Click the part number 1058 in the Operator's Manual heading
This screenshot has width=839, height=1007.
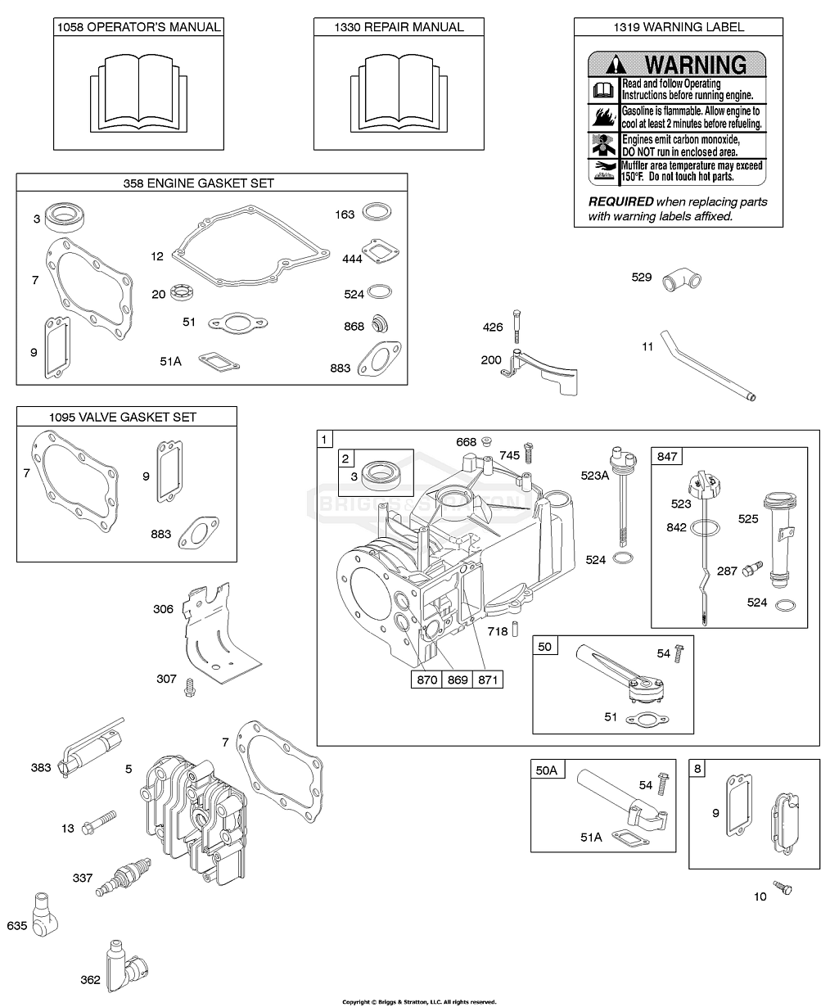70,27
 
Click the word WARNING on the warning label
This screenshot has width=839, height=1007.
695,64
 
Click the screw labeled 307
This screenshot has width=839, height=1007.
192,686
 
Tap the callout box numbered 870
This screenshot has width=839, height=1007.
426,680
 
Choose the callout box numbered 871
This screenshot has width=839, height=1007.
489,680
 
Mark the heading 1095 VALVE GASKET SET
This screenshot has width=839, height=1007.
127,417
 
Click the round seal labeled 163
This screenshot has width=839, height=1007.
376,213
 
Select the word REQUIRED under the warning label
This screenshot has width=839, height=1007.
620,201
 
